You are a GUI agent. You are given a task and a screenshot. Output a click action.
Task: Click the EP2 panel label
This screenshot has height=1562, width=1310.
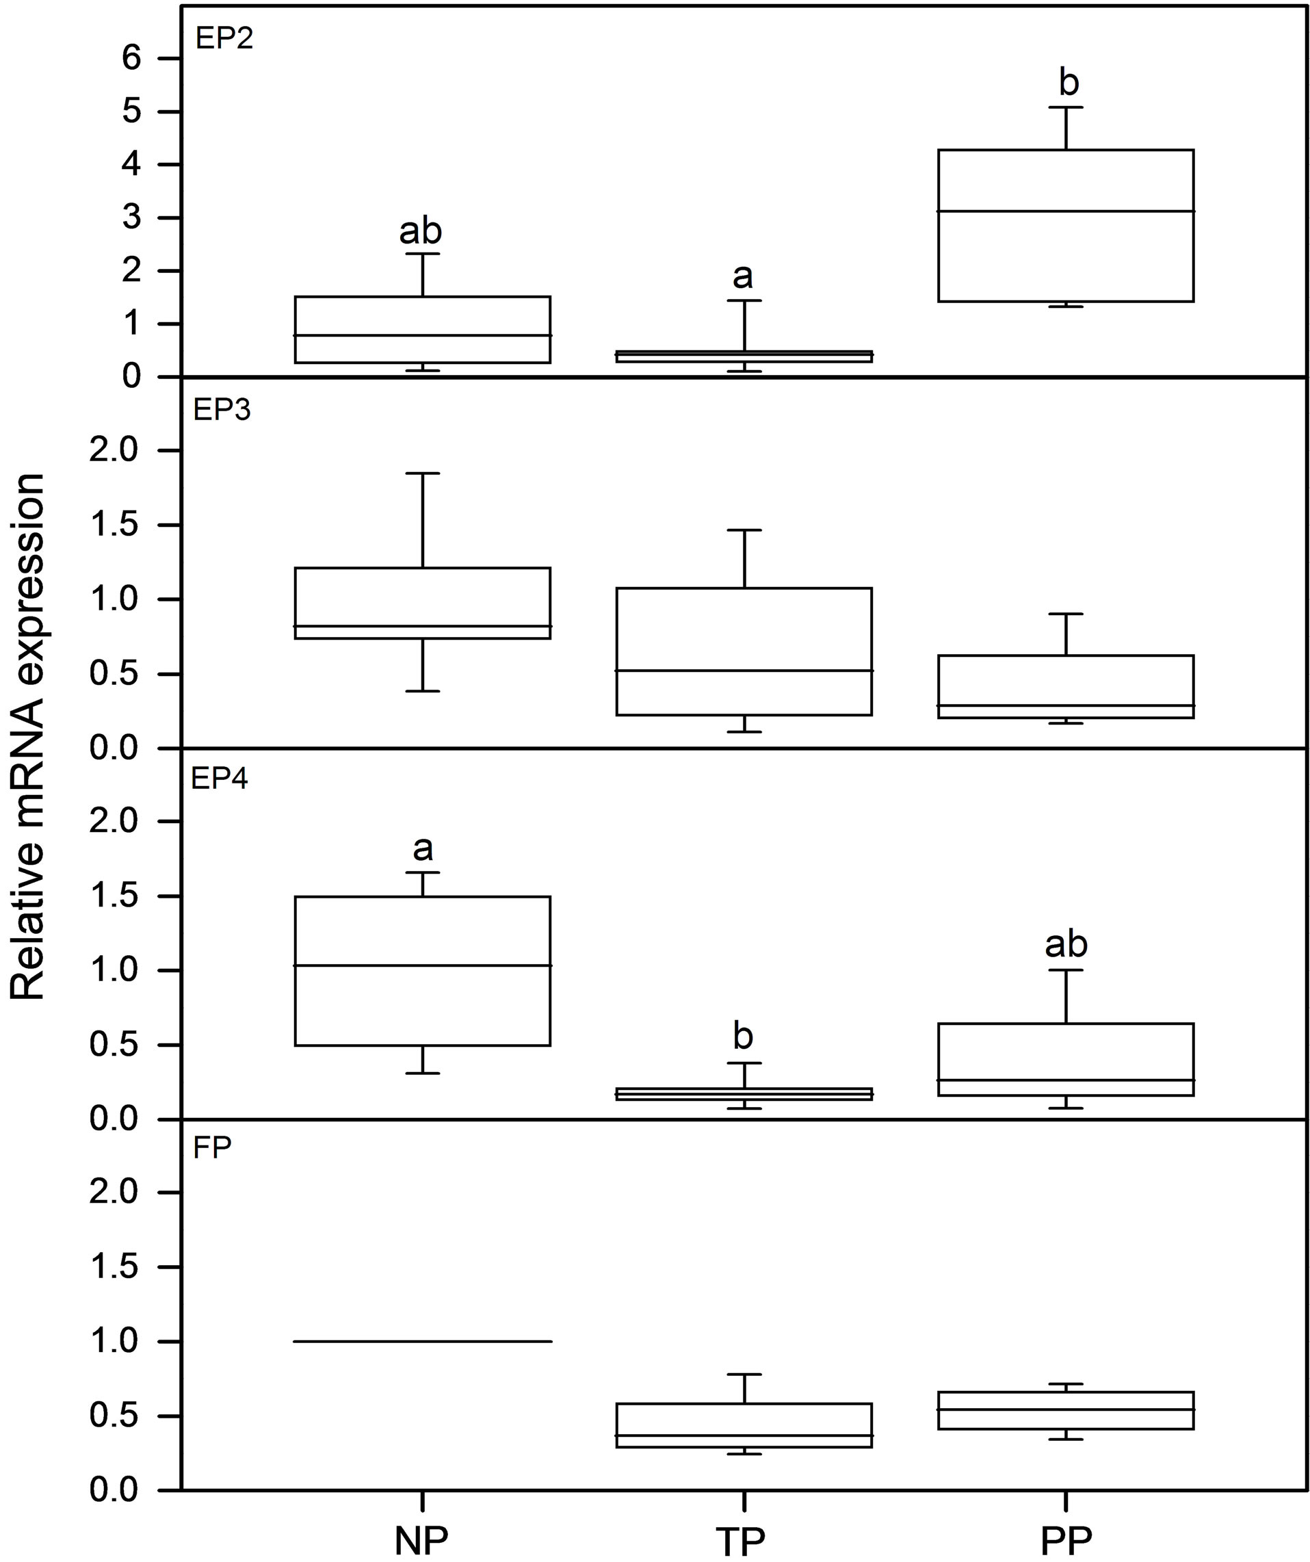[x=224, y=38]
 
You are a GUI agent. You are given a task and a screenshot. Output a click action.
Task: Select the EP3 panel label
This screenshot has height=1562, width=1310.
[x=222, y=410]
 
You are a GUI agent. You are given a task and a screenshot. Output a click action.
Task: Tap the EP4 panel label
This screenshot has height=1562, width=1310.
[x=220, y=778]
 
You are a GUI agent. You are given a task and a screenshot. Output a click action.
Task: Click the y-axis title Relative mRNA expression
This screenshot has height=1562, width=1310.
[x=28, y=736]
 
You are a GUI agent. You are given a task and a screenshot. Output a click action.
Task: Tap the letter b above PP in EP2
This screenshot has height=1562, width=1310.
[x=1069, y=83]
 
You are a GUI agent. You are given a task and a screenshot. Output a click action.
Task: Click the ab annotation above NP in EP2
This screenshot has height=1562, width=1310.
[x=421, y=231]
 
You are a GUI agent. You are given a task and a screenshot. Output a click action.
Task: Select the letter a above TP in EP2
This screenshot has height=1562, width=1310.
[x=742, y=276]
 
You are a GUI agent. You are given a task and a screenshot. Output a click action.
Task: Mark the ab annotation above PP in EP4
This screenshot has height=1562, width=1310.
[x=1066, y=944]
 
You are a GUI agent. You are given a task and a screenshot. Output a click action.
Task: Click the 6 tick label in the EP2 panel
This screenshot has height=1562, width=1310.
[x=131, y=58]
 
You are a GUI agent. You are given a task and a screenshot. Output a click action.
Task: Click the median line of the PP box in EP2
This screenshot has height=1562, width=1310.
[x=1065, y=211]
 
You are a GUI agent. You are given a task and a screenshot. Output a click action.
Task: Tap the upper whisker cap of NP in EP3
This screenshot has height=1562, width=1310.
[x=422, y=473]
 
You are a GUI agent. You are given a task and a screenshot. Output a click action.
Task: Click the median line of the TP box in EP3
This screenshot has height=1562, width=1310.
[x=743, y=671]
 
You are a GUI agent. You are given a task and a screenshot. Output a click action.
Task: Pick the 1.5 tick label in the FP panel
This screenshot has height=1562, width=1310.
[x=113, y=1266]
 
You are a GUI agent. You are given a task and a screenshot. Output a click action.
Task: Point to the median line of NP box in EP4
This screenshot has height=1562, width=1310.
[x=422, y=965]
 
